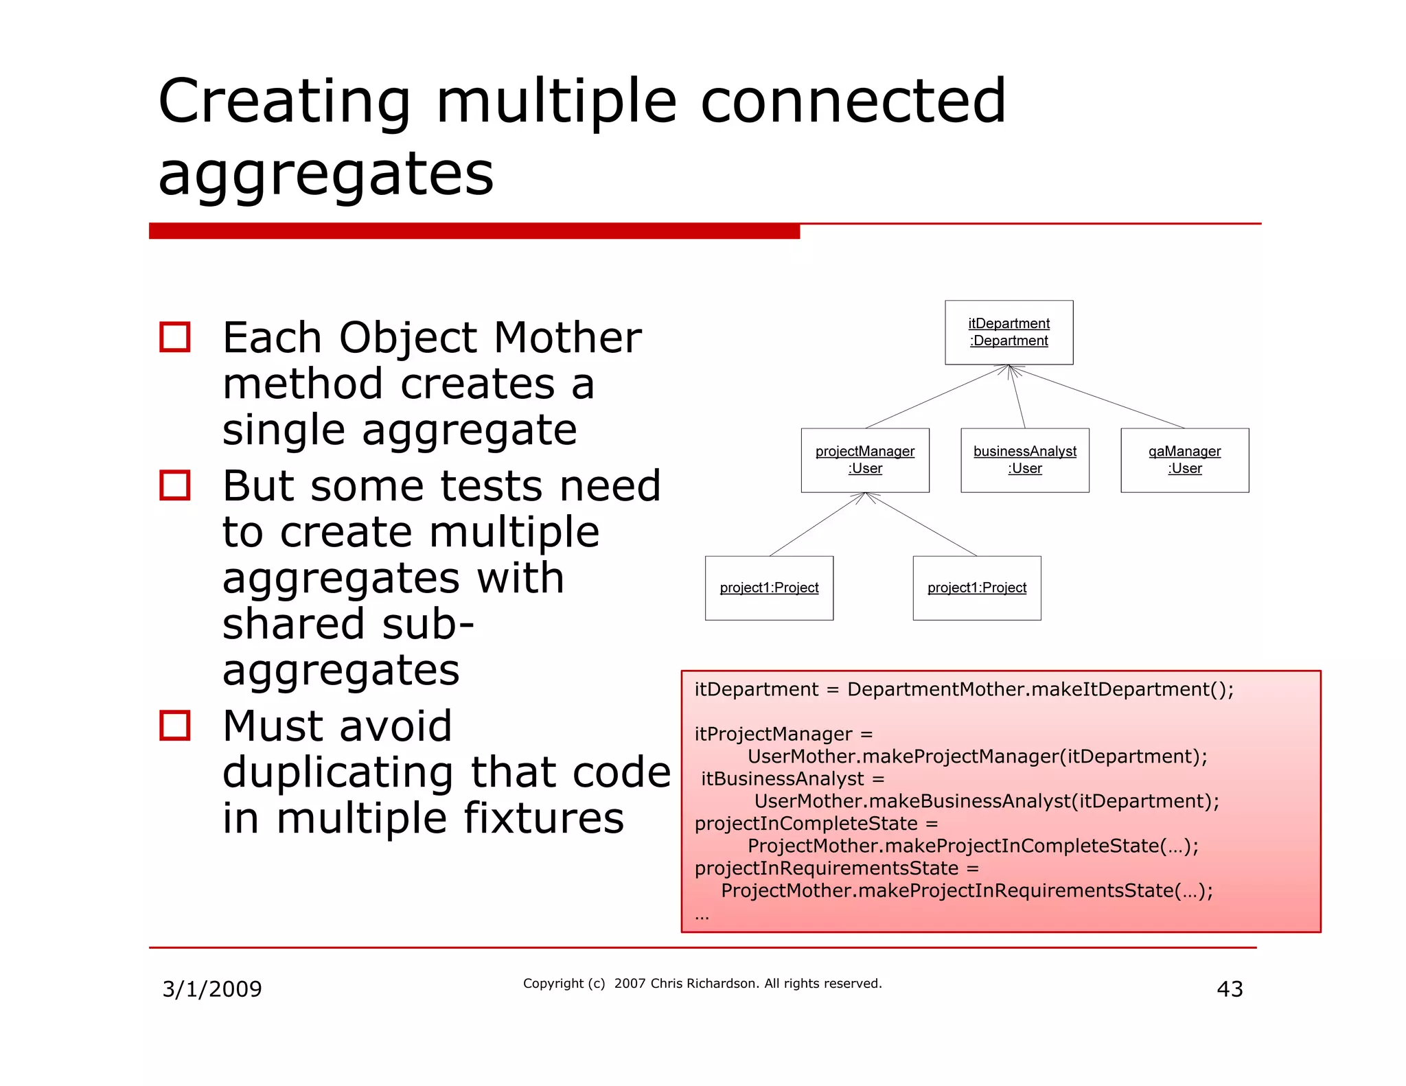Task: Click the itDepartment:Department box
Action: tap(1009, 332)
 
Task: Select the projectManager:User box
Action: tap(865, 460)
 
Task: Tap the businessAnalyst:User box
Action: tap(1024, 460)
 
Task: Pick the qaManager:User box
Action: tap(1184, 460)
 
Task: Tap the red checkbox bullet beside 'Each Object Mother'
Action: tap(174, 337)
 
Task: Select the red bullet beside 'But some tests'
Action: tap(174, 485)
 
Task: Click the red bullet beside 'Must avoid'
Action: tap(174, 726)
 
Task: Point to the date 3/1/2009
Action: tap(211, 989)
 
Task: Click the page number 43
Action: tap(1230, 989)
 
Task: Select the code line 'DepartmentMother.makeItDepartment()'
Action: tap(1040, 689)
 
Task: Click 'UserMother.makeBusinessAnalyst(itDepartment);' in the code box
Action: tap(987, 801)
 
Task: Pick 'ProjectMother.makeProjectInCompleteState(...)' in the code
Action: tap(973, 846)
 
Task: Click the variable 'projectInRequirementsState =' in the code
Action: tap(836, 868)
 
